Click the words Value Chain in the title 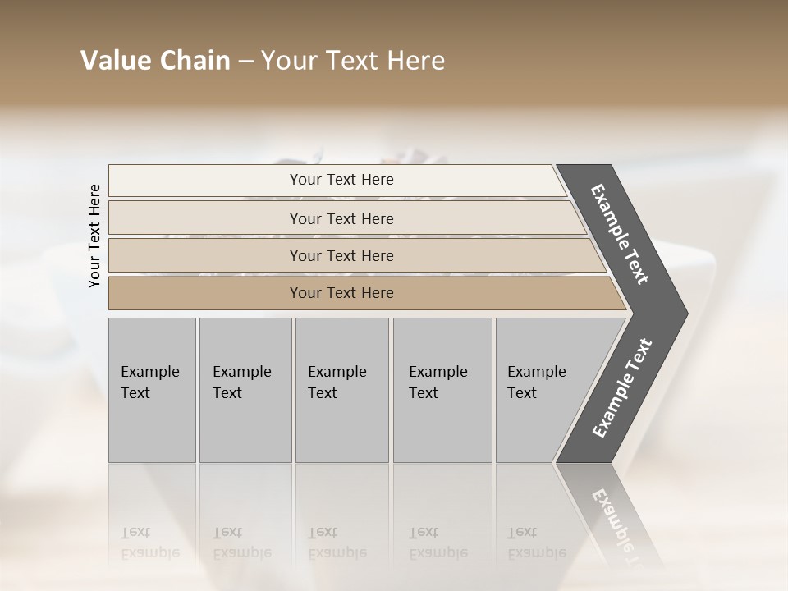pos(155,61)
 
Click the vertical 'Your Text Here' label pos(94,236)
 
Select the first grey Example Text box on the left pos(152,390)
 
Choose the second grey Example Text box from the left pos(245,390)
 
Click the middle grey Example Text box pos(341,390)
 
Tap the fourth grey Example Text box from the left pos(442,390)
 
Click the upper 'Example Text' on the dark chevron pos(620,234)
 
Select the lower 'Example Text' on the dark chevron pos(622,387)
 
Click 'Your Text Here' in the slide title pos(353,61)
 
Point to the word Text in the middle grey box pos(323,393)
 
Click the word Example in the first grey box pos(149,372)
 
